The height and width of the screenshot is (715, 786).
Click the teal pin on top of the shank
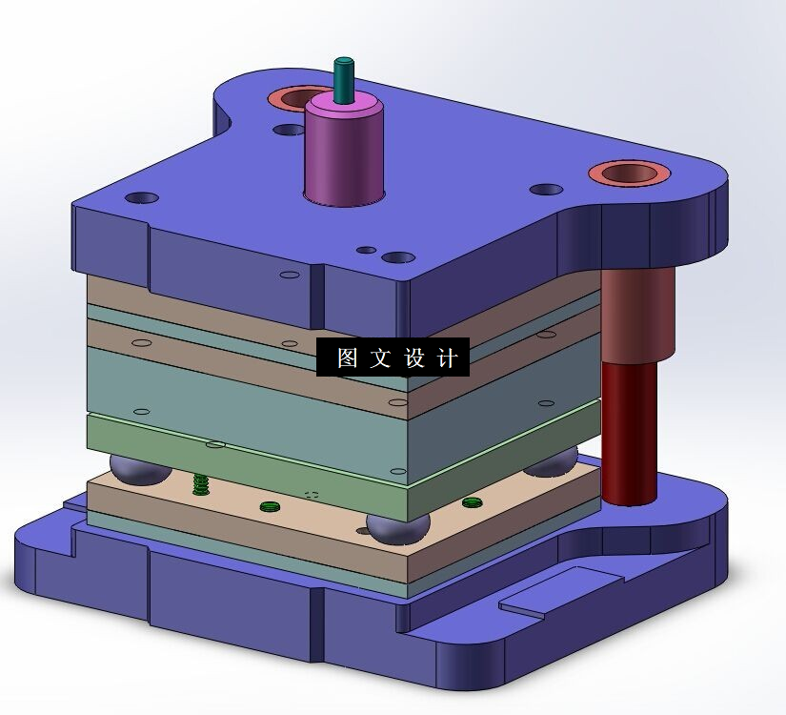click(x=344, y=80)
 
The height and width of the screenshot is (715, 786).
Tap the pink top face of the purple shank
click(x=344, y=107)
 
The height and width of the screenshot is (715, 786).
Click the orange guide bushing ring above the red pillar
click(x=629, y=174)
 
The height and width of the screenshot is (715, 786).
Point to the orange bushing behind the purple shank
click(x=289, y=98)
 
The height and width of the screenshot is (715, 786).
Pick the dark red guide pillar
click(x=629, y=432)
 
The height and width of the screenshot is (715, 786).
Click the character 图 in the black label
click(x=348, y=357)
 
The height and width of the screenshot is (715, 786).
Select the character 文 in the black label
click(x=380, y=357)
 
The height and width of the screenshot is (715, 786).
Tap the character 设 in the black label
click(x=414, y=357)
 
